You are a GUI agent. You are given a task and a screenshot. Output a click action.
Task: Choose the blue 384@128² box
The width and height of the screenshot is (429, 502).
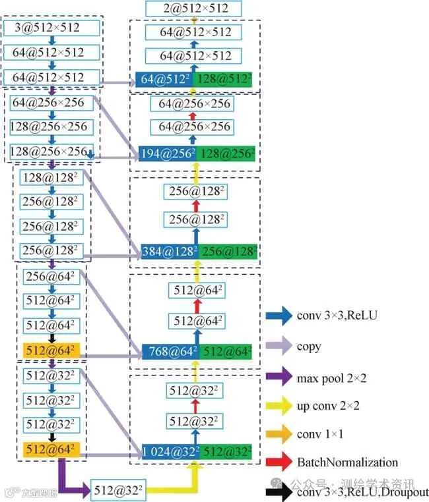coord(169,251)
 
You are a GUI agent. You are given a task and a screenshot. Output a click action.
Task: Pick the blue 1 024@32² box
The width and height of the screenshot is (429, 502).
coord(169,452)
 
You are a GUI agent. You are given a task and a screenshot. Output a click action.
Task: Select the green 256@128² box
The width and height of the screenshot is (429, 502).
coord(228,251)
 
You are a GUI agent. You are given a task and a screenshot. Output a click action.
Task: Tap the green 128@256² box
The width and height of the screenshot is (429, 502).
coord(227,155)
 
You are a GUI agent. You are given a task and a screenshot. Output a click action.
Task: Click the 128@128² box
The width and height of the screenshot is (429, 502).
coord(49,177)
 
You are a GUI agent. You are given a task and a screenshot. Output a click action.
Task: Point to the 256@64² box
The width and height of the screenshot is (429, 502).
coord(51,277)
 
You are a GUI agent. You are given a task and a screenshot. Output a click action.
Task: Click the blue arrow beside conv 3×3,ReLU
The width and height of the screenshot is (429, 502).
coord(279,315)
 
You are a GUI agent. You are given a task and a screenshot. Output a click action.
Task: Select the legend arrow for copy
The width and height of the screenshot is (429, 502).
coord(279,346)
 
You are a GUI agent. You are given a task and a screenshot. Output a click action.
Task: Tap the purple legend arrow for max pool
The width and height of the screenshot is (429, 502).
coord(279,377)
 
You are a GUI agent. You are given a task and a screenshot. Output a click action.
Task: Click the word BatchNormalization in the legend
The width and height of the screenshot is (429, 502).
coord(347,462)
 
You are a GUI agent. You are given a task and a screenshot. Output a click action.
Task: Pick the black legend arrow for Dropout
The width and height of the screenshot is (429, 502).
coord(279,491)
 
